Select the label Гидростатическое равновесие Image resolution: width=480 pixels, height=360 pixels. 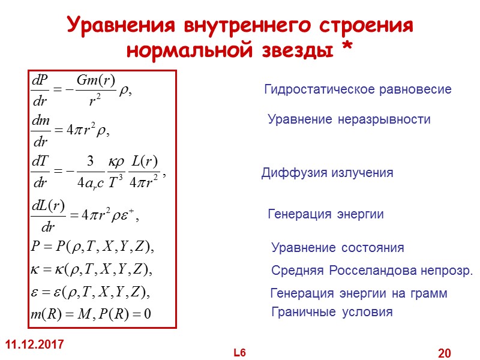pos(358,90)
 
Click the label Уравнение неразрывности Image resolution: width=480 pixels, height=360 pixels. pos(349,120)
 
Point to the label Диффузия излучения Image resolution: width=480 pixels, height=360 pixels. pos(327,173)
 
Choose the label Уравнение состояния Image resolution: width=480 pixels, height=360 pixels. pos(338,248)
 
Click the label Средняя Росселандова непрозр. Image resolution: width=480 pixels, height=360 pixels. pos(372,271)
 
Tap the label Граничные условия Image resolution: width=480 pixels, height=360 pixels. pos(332,312)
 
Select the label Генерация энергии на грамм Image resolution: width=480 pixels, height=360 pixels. pos(359,294)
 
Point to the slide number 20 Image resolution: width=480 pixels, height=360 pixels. pos(445,353)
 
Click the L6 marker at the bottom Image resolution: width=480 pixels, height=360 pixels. pos(240,352)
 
